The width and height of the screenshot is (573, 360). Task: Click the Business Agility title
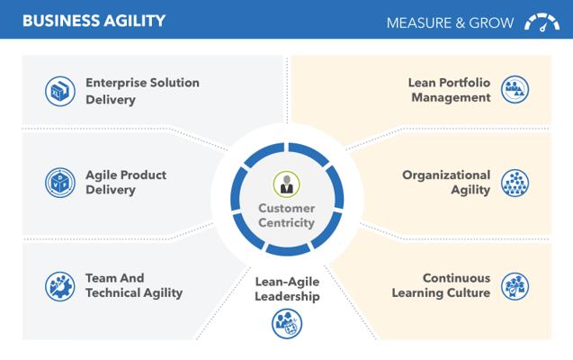pyautogui.click(x=94, y=21)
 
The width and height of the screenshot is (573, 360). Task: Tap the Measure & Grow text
pyautogui.click(x=450, y=23)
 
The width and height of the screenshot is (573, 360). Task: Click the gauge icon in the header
pyautogui.click(x=542, y=22)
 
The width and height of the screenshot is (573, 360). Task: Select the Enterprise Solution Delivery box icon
pyautogui.click(x=60, y=91)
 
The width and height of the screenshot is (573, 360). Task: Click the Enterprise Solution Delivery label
pyautogui.click(x=142, y=91)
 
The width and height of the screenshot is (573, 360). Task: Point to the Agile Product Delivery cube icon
pyautogui.click(x=60, y=183)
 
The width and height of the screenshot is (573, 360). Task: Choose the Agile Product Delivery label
pyautogui.click(x=126, y=183)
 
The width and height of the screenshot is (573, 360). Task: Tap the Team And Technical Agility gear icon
pyautogui.click(x=60, y=286)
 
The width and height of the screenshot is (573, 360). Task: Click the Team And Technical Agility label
pyautogui.click(x=134, y=285)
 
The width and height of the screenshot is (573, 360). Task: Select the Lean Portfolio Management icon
pyautogui.click(x=515, y=89)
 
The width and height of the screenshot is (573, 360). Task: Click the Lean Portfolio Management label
pyautogui.click(x=449, y=90)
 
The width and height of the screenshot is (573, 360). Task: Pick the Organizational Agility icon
pyautogui.click(x=515, y=183)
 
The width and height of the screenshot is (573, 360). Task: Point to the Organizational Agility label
pyautogui.click(x=446, y=183)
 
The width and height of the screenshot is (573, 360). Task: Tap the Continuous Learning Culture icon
pyautogui.click(x=515, y=286)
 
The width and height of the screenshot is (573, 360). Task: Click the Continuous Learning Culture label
pyautogui.click(x=441, y=285)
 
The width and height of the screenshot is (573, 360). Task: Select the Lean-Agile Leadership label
pyautogui.click(x=287, y=289)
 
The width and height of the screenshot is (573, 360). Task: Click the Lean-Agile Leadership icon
pyautogui.click(x=287, y=324)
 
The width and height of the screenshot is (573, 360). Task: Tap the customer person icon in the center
pyautogui.click(x=286, y=184)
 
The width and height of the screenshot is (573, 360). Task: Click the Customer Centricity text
pyautogui.click(x=286, y=215)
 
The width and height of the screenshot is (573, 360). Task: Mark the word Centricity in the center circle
pyautogui.click(x=286, y=222)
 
